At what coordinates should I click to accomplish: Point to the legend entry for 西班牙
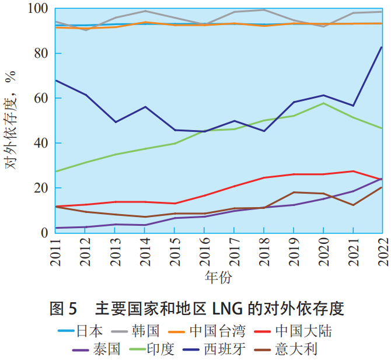(x=224, y=349)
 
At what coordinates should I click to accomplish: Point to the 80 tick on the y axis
(x=43, y=53)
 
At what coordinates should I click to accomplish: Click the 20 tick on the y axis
(x=43, y=188)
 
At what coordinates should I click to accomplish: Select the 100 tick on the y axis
(x=39, y=9)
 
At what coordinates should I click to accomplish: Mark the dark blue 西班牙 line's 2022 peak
(x=382, y=47)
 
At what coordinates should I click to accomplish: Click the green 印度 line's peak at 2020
(x=323, y=103)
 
